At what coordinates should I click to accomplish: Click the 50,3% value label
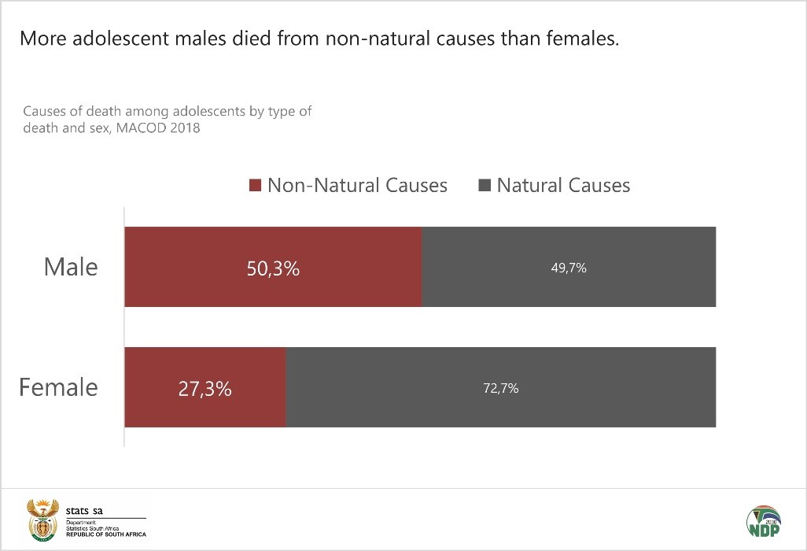pyautogui.click(x=274, y=268)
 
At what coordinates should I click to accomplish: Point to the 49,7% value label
pyautogui.click(x=569, y=268)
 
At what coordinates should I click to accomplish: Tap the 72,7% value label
pyautogui.click(x=500, y=388)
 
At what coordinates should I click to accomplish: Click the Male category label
pyautogui.click(x=71, y=267)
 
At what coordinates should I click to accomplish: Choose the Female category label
pyautogui.click(x=59, y=387)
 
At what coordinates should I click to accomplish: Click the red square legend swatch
pyautogui.click(x=254, y=187)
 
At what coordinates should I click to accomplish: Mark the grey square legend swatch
pyautogui.click(x=484, y=187)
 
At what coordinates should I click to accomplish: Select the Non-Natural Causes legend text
pyautogui.click(x=357, y=186)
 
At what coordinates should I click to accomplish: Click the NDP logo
pyautogui.click(x=763, y=520)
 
